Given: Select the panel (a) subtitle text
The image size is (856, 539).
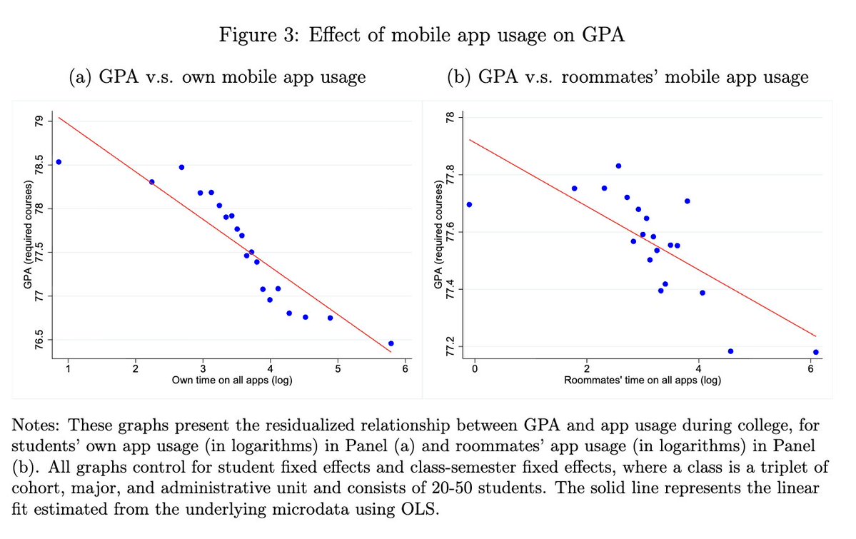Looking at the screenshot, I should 216,76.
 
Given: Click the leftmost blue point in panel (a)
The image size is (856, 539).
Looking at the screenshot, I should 59,162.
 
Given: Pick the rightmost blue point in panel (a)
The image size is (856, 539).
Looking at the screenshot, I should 391,343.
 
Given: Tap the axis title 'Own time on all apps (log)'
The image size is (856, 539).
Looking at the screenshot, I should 232,380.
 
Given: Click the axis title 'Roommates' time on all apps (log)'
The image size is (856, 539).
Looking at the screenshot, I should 642,380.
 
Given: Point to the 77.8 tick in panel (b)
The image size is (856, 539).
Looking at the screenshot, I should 450,174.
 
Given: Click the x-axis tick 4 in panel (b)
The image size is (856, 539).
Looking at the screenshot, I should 698,368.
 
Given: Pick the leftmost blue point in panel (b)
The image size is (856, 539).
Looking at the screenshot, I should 469,205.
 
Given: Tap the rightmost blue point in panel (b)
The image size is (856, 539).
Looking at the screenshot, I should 815,352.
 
